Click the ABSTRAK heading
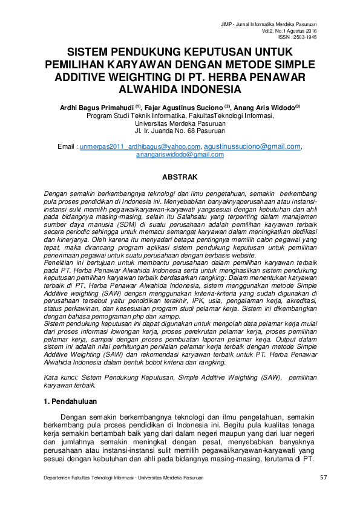tap(180, 178)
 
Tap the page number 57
tap(322, 478)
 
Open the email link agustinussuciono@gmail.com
tap(252, 146)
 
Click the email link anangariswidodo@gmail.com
tap(180, 154)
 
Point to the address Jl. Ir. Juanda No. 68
tap(180, 131)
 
